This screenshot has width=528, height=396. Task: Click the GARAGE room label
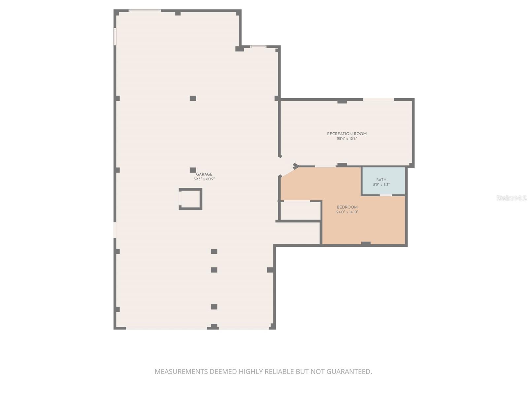coord(204,174)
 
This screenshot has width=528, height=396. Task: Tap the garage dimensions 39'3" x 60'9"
coord(204,179)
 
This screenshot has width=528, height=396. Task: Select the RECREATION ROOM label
coord(347,134)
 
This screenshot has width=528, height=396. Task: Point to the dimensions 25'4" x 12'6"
coord(347,139)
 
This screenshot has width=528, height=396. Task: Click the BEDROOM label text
coord(347,207)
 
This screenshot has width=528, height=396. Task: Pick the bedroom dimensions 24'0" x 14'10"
coord(347,212)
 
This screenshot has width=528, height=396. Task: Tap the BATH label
coord(381,180)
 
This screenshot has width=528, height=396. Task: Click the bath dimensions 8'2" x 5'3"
coord(381,185)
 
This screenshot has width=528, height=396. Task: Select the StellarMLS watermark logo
coord(511,198)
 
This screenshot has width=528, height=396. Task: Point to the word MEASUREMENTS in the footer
coord(181,372)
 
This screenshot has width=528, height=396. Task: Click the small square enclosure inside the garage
coord(190,199)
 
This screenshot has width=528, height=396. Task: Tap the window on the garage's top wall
coord(145,11)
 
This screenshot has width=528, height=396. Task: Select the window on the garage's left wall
coord(115,36)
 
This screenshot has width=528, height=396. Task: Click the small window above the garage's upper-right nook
coord(258,47)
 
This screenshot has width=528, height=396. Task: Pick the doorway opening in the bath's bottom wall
coord(385,195)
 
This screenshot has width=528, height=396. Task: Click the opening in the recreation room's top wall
coord(378,99)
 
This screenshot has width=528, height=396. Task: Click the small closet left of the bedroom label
coord(300,211)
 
